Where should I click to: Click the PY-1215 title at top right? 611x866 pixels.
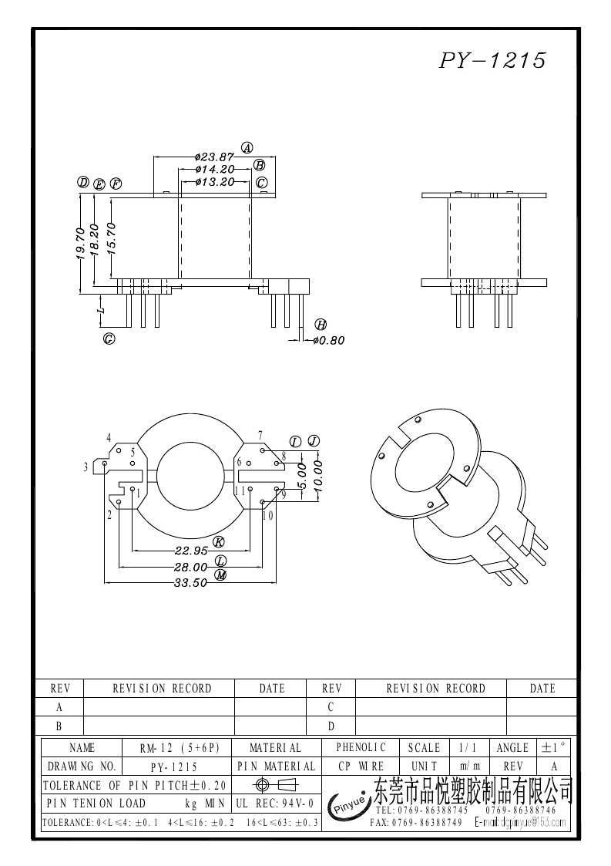(x=492, y=61)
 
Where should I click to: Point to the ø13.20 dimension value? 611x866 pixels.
(x=215, y=182)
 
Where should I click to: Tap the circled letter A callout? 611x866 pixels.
(x=247, y=147)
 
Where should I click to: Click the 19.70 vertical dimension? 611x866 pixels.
(x=81, y=243)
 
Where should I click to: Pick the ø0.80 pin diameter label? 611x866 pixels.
(x=329, y=340)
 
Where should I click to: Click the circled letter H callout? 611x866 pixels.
(x=321, y=324)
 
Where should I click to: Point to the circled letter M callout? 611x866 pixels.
(x=220, y=575)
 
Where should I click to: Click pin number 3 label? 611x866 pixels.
(x=86, y=467)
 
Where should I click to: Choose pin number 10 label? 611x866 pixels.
(x=267, y=515)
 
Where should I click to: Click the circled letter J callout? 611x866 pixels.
(x=313, y=440)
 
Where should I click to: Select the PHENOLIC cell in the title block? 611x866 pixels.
(x=361, y=748)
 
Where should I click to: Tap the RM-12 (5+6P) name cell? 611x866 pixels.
(x=180, y=748)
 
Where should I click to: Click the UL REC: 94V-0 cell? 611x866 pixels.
(x=275, y=804)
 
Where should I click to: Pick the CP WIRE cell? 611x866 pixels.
(x=361, y=767)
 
